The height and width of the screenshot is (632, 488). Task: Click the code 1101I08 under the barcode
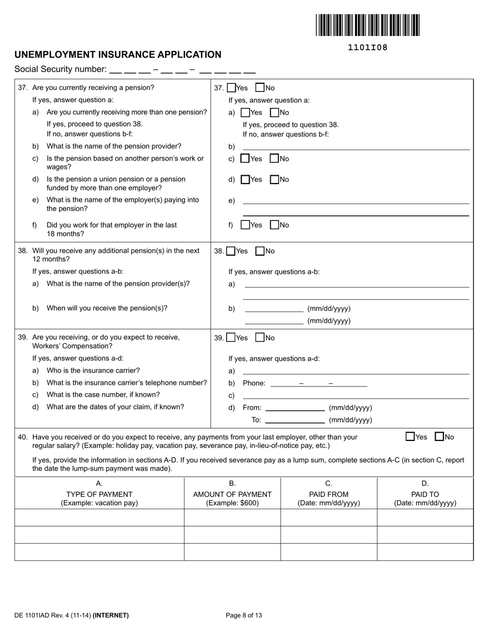click(367, 48)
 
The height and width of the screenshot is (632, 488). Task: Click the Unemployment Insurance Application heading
click(118, 54)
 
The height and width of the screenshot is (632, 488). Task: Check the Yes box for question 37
click(231, 88)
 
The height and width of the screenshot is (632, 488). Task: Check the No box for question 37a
click(274, 113)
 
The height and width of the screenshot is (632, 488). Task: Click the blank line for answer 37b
click(355, 146)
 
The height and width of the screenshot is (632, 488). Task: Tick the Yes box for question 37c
click(245, 159)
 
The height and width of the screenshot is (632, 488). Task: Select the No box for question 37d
click(274, 179)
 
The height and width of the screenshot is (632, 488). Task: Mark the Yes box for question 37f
click(245, 225)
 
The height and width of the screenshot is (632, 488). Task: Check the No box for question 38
click(260, 251)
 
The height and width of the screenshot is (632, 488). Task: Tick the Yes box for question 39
click(231, 338)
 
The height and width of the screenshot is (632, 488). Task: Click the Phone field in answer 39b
click(318, 383)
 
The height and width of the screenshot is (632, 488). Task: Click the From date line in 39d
click(295, 408)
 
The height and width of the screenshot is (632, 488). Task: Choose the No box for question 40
click(439, 437)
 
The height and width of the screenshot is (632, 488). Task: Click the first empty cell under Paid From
click(329, 517)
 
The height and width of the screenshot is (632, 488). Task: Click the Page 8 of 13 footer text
click(244, 615)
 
